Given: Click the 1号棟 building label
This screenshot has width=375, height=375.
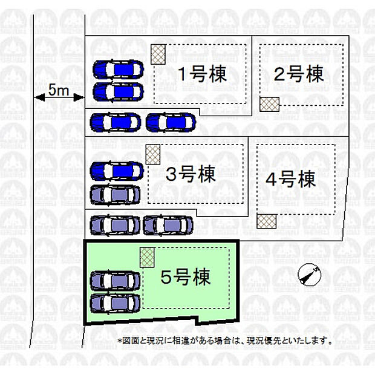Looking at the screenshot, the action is [203, 74].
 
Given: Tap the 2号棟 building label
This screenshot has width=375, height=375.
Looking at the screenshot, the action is [299, 74].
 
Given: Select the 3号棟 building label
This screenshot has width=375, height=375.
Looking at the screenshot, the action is [191, 174].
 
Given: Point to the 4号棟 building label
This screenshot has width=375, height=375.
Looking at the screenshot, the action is [290, 179].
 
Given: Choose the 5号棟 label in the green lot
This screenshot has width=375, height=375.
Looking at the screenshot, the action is [185, 276].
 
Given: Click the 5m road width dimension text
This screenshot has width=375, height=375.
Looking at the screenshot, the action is [59, 90].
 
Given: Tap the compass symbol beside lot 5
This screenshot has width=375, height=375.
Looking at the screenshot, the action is [309, 275].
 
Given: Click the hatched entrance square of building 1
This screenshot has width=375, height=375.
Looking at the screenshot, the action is [158, 54].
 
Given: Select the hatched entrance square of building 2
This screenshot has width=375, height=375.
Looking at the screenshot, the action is [270, 104].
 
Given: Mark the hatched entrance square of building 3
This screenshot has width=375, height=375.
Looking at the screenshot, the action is [153, 154].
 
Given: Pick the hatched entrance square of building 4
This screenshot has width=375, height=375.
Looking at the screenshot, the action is [267, 221].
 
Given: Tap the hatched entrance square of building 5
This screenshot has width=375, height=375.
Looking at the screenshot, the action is [147, 257].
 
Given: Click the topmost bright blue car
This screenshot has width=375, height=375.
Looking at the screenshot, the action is [119, 70].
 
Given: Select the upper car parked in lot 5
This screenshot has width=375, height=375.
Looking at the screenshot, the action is [115, 281].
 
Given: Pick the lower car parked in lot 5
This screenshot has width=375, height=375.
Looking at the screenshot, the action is [115, 303].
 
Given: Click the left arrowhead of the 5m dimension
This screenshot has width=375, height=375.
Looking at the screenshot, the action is [39, 97].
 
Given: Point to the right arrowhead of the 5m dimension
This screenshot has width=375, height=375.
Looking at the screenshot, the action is [79, 97].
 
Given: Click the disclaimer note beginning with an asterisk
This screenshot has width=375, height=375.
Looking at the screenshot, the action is [225, 341].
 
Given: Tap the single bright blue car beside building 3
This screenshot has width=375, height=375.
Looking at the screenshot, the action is [117, 171].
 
